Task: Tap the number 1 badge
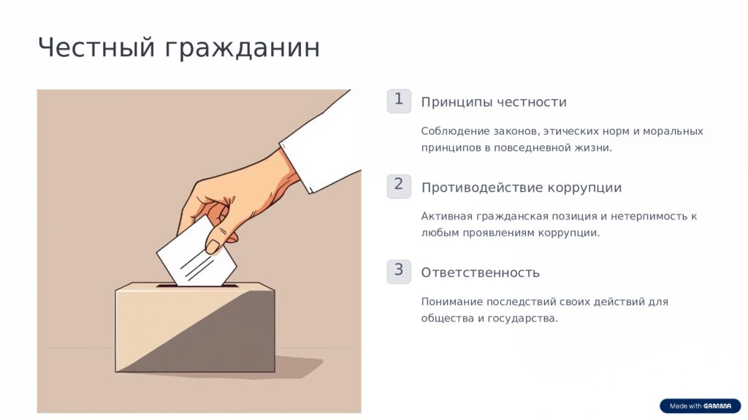pyautogui.click(x=399, y=101)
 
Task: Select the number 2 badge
pyautogui.click(x=399, y=186)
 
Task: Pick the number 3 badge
pyautogui.click(x=399, y=271)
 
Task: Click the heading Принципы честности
pyautogui.click(x=494, y=102)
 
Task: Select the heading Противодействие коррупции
pyautogui.click(x=522, y=187)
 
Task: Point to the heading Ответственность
pyautogui.click(x=481, y=273)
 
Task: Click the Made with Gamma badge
pyautogui.click(x=701, y=405)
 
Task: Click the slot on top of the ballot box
pyautogui.click(x=197, y=286)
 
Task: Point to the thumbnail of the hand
pyautogui.click(x=213, y=246)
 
